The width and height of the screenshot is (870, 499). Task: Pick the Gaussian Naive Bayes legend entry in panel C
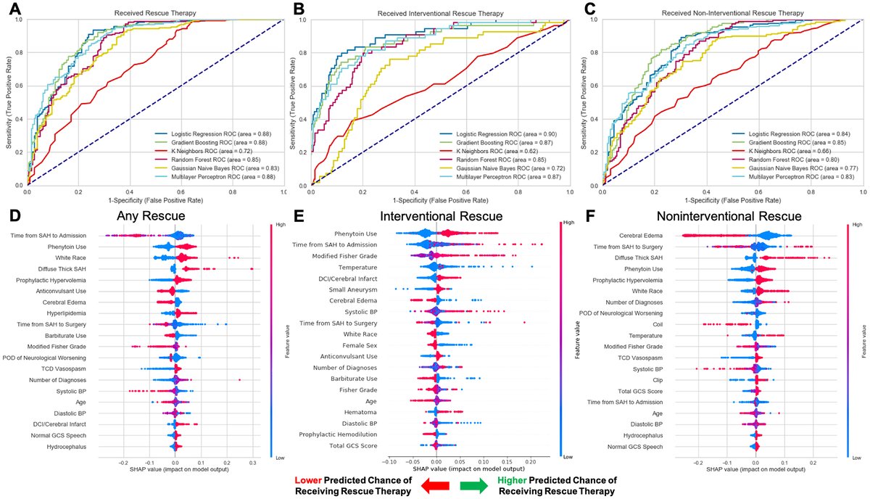(786, 168)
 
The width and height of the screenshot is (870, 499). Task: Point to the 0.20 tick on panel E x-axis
(530, 460)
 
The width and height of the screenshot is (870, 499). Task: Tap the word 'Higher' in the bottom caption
(513, 480)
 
